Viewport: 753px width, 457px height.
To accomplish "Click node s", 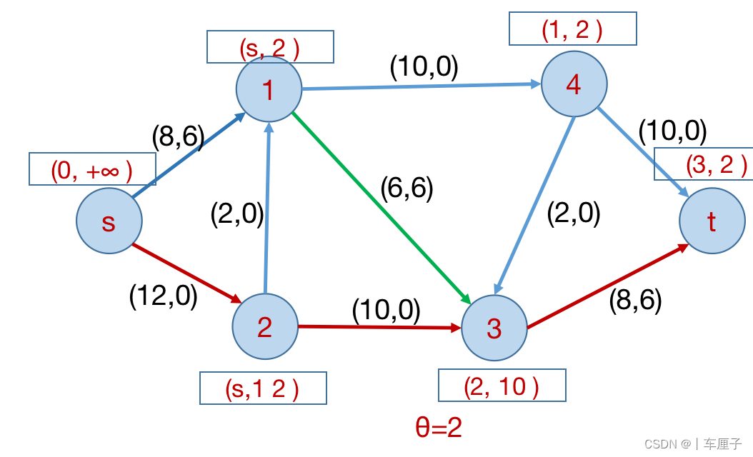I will (x=109, y=221).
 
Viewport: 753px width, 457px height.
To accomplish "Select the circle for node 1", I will (x=269, y=90).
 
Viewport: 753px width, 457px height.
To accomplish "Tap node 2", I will (x=265, y=328).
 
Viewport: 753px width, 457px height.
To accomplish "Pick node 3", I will (x=494, y=328).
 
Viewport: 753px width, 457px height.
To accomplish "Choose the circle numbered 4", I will (x=574, y=84).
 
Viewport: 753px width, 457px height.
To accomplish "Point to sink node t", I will (x=712, y=221).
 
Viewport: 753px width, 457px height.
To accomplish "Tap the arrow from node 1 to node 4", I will (x=422, y=86).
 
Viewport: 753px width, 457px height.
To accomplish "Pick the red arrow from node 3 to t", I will (x=608, y=286).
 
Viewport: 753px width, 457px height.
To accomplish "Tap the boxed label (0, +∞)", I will (x=92, y=169).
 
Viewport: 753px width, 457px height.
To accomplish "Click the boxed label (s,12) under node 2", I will (x=263, y=388).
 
